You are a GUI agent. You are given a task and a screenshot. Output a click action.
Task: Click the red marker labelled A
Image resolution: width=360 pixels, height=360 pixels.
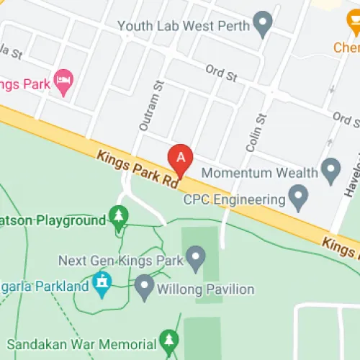[180, 158]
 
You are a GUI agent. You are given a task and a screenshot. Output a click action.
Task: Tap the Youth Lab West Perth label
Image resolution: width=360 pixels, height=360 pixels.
[184, 27]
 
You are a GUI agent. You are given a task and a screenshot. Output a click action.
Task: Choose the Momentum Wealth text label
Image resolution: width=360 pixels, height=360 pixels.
[260, 173]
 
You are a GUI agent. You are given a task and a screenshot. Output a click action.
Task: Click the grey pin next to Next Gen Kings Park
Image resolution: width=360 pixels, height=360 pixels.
[195, 256]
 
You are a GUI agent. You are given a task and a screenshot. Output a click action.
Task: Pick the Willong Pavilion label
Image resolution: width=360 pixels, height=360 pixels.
[208, 289]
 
